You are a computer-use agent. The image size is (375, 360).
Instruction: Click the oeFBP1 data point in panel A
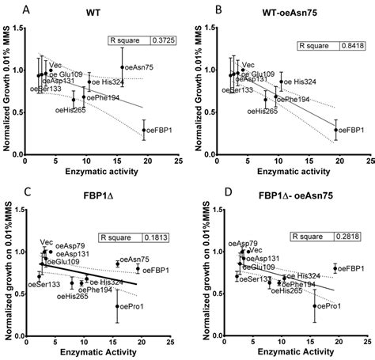pos(143,130)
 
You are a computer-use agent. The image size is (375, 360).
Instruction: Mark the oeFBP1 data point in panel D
pos(335,268)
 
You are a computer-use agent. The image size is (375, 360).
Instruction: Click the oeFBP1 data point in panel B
pos(335,130)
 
